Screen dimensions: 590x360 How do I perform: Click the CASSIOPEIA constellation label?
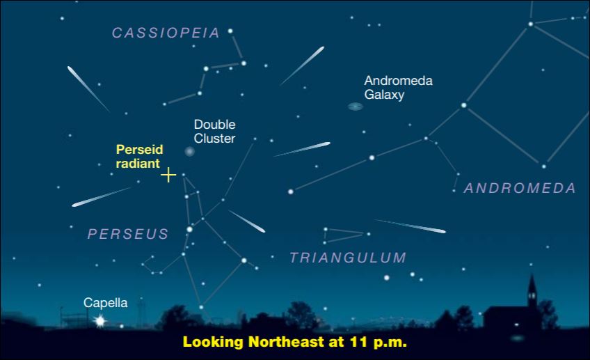(x=166, y=33)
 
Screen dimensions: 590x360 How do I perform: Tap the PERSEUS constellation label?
(x=128, y=234)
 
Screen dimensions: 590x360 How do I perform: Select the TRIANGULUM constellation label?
(x=348, y=258)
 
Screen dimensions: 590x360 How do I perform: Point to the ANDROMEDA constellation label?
(x=520, y=188)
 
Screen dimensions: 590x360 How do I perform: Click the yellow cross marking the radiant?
(x=168, y=175)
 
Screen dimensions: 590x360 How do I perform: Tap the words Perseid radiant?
(x=139, y=156)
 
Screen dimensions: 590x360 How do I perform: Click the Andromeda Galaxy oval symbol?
(x=356, y=107)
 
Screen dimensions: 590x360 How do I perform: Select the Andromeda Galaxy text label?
(x=398, y=87)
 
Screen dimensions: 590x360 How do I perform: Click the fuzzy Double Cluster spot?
(x=189, y=151)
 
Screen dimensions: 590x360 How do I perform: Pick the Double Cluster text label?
(x=214, y=131)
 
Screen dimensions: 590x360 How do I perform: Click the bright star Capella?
(x=99, y=321)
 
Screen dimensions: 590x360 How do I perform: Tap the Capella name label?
(x=105, y=303)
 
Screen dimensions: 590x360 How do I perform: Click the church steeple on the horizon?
(x=532, y=290)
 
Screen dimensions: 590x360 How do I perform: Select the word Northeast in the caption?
(x=286, y=342)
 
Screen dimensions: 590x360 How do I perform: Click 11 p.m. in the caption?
(x=378, y=342)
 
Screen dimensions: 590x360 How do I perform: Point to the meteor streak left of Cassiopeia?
(x=88, y=88)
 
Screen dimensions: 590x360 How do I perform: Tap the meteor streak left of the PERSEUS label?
(x=101, y=197)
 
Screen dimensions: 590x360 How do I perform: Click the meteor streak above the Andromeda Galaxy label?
(x=302, y=65)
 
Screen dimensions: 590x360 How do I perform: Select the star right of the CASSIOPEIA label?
(x=230, y=31)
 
